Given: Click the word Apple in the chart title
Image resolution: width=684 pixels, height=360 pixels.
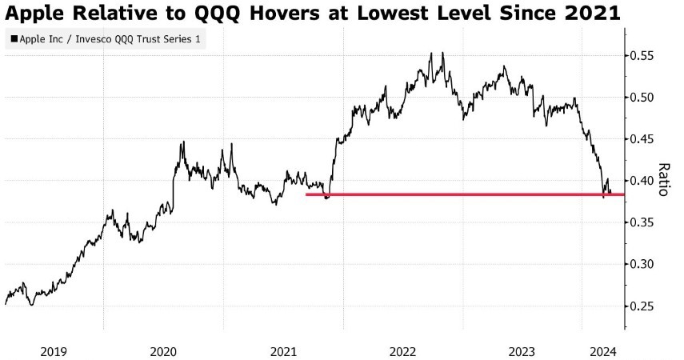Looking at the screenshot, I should (x=34, y=13).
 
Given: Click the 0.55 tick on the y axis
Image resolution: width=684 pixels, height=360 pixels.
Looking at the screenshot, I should (x=644, y=56).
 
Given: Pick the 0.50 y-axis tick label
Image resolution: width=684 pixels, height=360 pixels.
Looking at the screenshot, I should (x=644, y=98).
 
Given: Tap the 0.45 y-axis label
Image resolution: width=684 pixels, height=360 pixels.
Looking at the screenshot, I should (x=644, y=139).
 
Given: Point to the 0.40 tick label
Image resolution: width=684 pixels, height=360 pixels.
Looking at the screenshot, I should (x=644, y=181).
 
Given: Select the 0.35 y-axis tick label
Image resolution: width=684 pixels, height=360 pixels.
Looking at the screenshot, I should (x=644, y=222).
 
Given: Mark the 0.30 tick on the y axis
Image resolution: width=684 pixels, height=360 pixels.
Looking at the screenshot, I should (x=644, y=264).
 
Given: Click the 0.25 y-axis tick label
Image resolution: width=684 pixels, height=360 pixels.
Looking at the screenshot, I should (x=644, y=306).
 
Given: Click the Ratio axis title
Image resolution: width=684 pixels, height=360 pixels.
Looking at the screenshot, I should (x=663, y=179).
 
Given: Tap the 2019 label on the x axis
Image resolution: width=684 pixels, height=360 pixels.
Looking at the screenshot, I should (x=54, y=351).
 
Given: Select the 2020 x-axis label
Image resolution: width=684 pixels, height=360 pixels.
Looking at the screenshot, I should (x=163, y=351).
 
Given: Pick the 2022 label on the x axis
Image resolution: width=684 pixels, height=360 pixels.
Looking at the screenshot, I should (x=402, y=351).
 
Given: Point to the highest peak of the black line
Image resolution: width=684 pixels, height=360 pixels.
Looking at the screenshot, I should (x=442, y=53).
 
